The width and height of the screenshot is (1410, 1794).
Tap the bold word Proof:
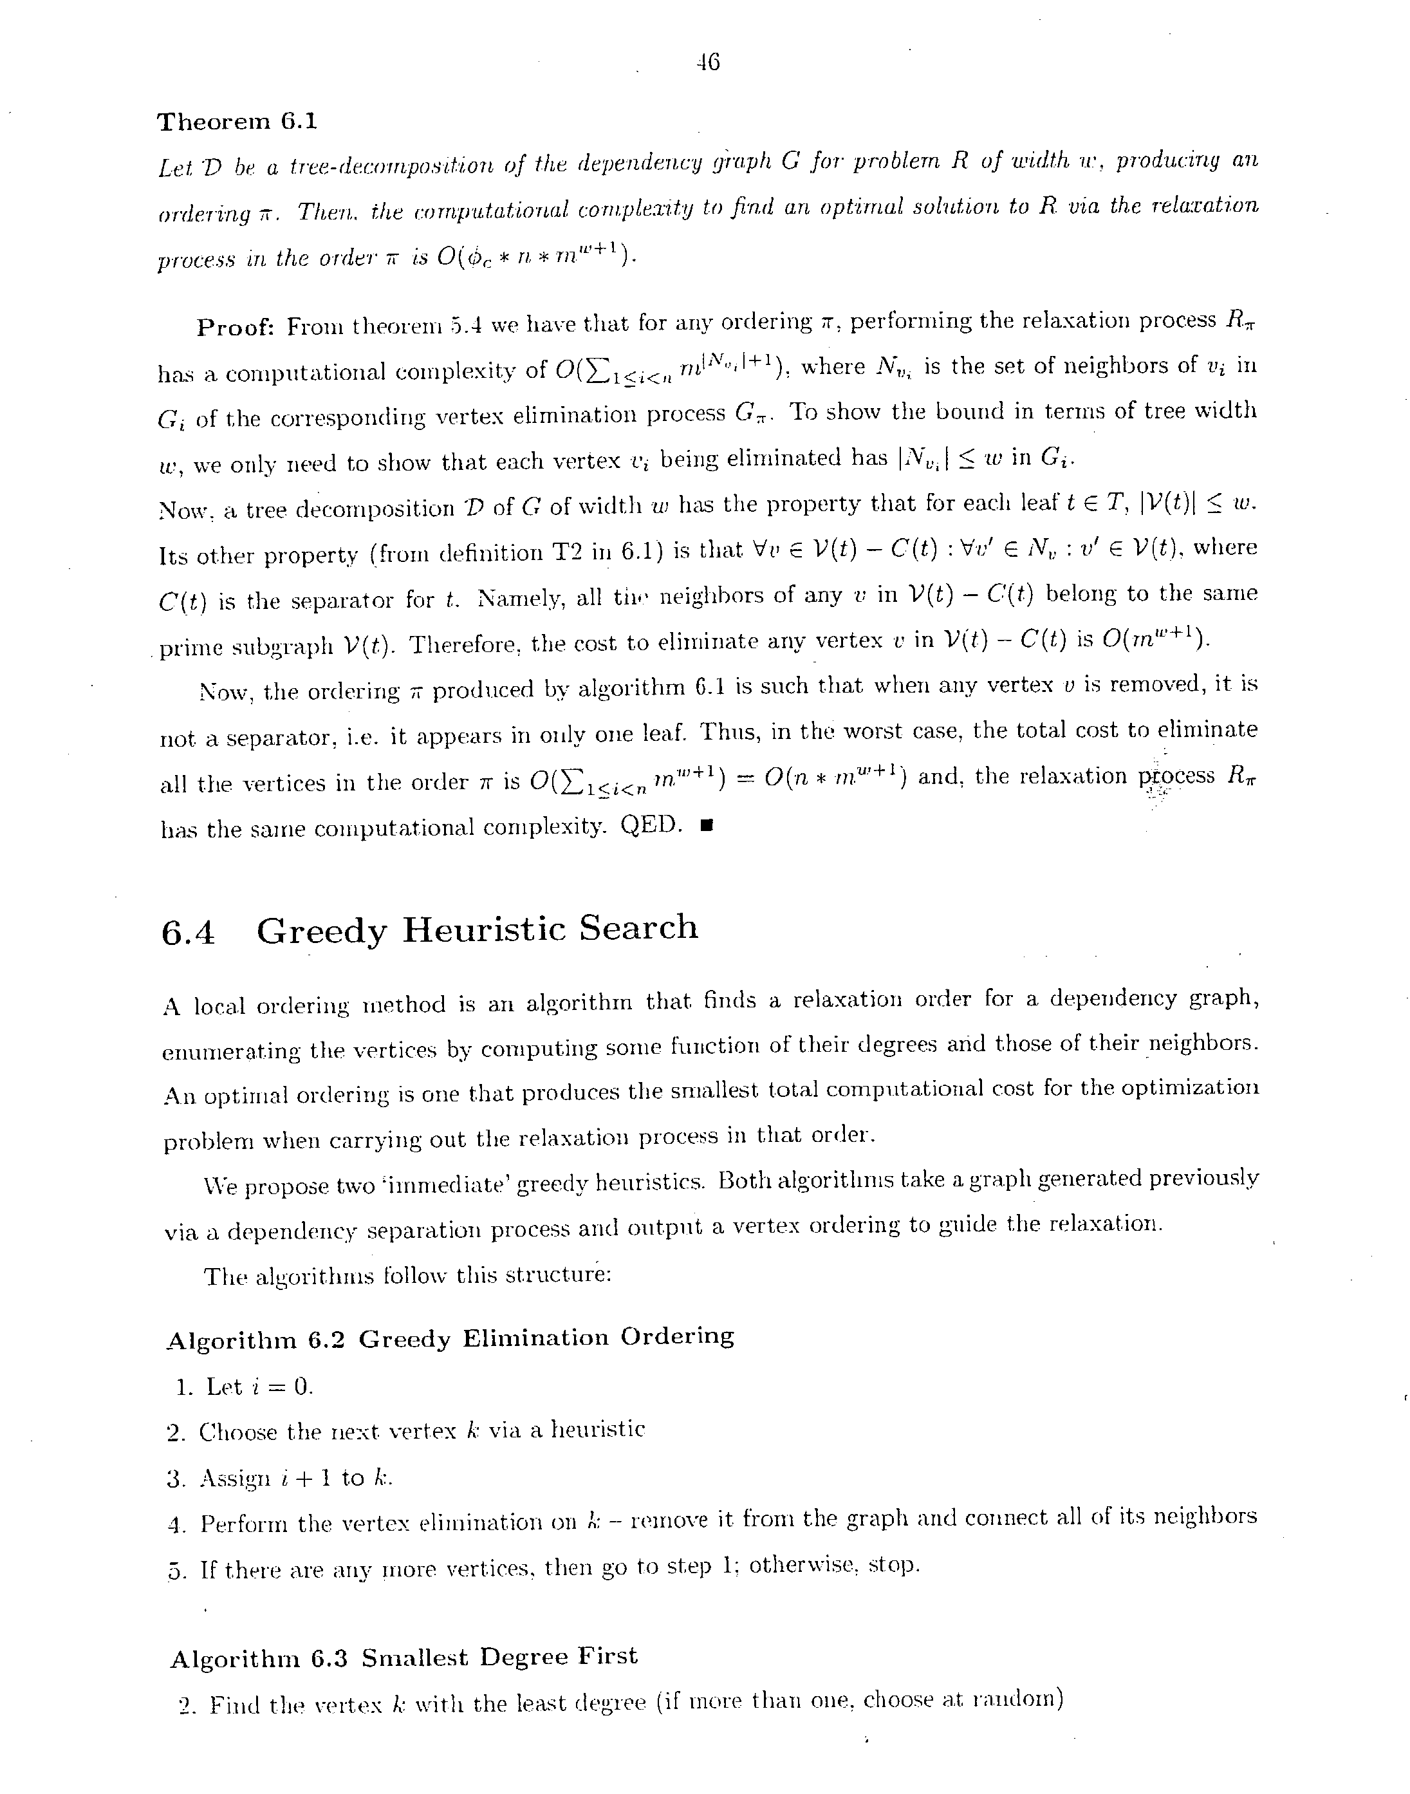click(236, 328)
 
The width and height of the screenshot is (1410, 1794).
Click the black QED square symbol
click(706, 825)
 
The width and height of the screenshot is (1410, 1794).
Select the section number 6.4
click(188, 933)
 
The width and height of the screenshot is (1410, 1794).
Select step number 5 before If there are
click(175, 1570)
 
